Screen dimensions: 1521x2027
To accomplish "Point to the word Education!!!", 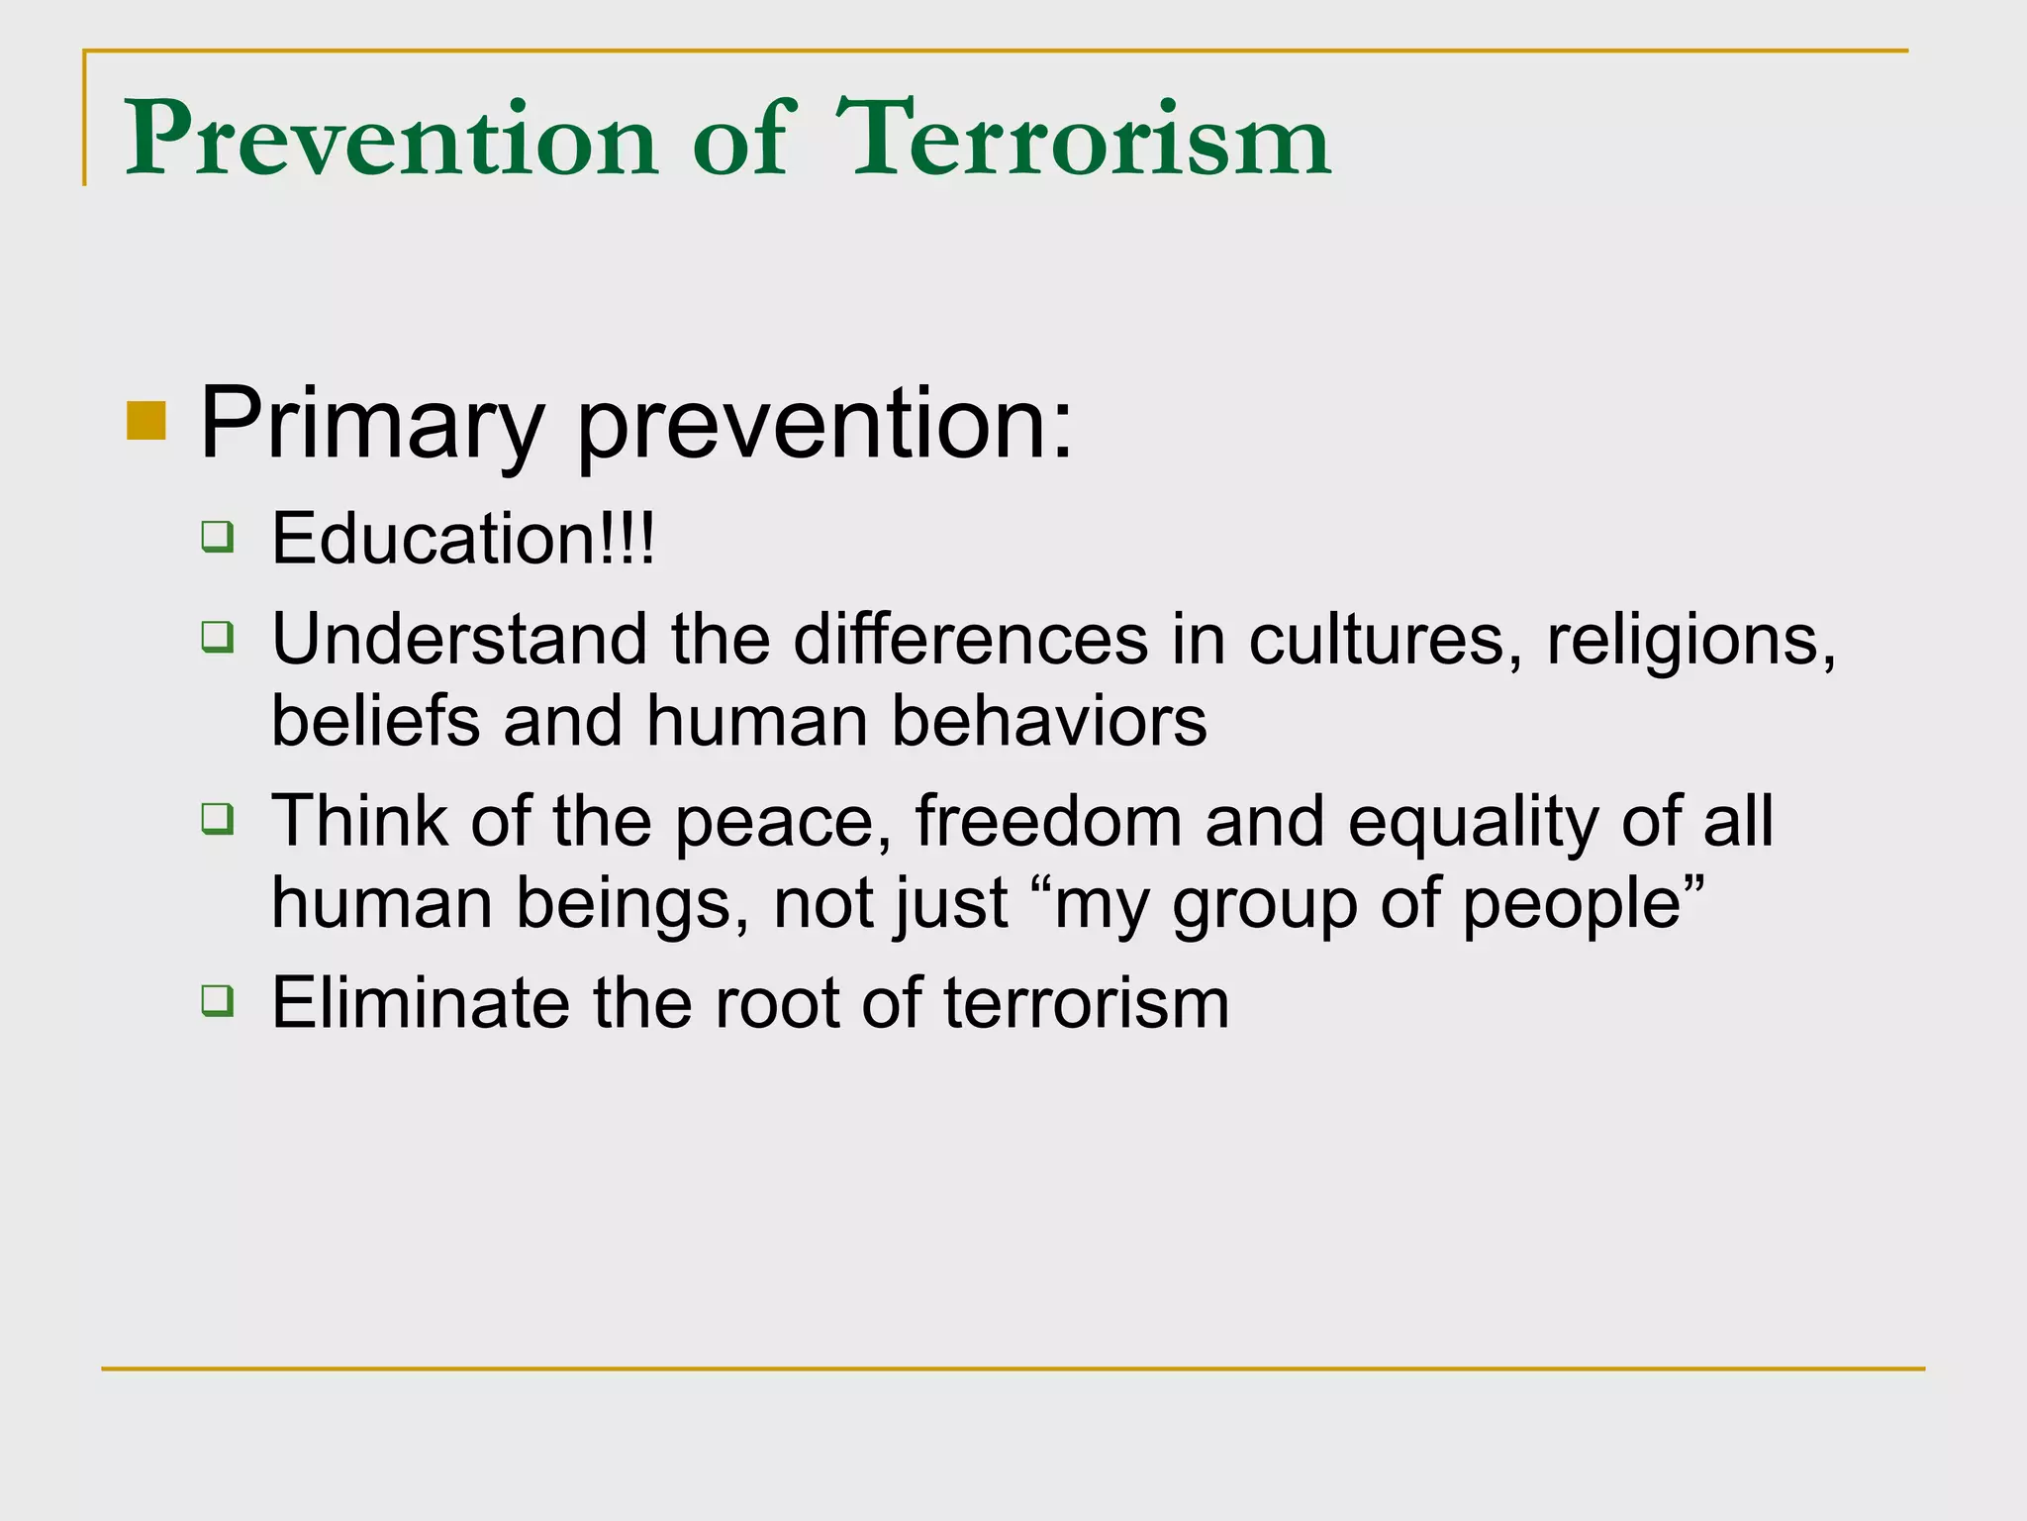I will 463,539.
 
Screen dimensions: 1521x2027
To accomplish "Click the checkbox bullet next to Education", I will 218,536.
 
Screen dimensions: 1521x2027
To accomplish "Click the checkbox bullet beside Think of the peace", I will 218,819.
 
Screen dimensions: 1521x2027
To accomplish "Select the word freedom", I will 1048,821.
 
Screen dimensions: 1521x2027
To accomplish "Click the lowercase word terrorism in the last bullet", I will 1086,1004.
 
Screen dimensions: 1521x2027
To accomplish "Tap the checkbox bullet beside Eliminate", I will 218,1000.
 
